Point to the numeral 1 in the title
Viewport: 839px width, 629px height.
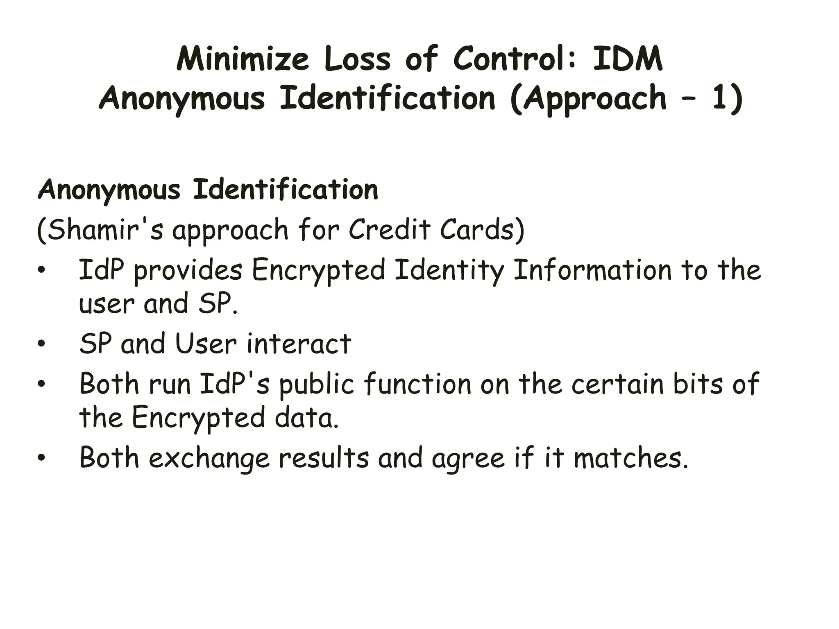(722, 98)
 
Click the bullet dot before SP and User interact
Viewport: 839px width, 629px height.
(41, 344)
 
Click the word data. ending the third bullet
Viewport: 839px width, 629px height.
(307, 418)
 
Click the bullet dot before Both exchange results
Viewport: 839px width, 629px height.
(41, 458)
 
